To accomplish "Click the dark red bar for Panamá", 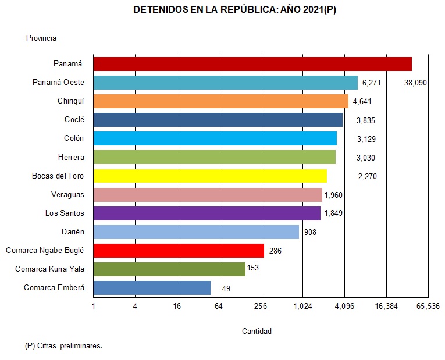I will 252,64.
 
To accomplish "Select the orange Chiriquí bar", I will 220,101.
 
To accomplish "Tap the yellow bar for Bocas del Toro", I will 210,176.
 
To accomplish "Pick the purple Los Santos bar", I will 207,213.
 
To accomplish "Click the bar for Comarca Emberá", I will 152,288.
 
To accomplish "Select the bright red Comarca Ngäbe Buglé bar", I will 179,251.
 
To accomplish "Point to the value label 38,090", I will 415,83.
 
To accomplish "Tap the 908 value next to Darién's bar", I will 310,232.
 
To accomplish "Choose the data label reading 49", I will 226,288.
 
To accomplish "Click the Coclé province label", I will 74,120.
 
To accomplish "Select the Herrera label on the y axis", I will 71,157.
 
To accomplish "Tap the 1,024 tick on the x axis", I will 302,306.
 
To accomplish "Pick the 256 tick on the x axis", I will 261,306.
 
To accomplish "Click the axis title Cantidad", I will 257,332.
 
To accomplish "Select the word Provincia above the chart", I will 41,38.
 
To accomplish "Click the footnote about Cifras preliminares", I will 64,346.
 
